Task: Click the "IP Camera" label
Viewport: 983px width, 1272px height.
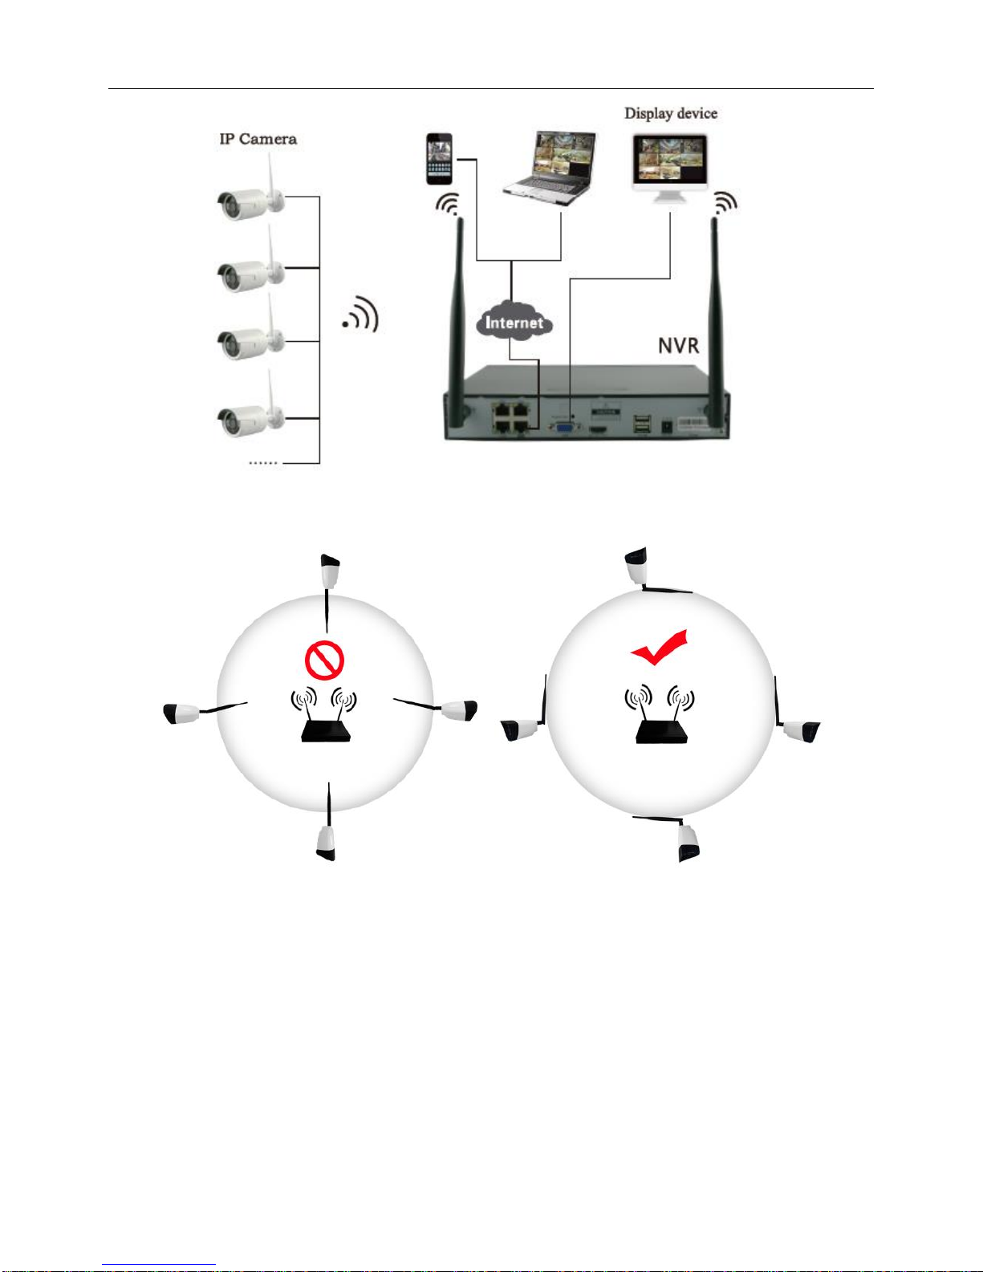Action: (x=258, y=139)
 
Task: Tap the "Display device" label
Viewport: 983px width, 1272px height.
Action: (x=671, y=113)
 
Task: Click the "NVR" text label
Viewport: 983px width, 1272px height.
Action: (x=678, y=346)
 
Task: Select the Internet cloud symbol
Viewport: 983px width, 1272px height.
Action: (x=514, y=323)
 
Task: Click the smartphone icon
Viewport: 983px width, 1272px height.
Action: (x=439, y=159)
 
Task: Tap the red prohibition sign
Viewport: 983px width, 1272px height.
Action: (x=324, y=660)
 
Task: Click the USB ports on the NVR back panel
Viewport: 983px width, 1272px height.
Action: (x=642, y=425)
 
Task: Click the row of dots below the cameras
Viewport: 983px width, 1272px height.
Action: (x=263, y=463)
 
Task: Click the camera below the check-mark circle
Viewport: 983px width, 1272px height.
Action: (x=688, y=843)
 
